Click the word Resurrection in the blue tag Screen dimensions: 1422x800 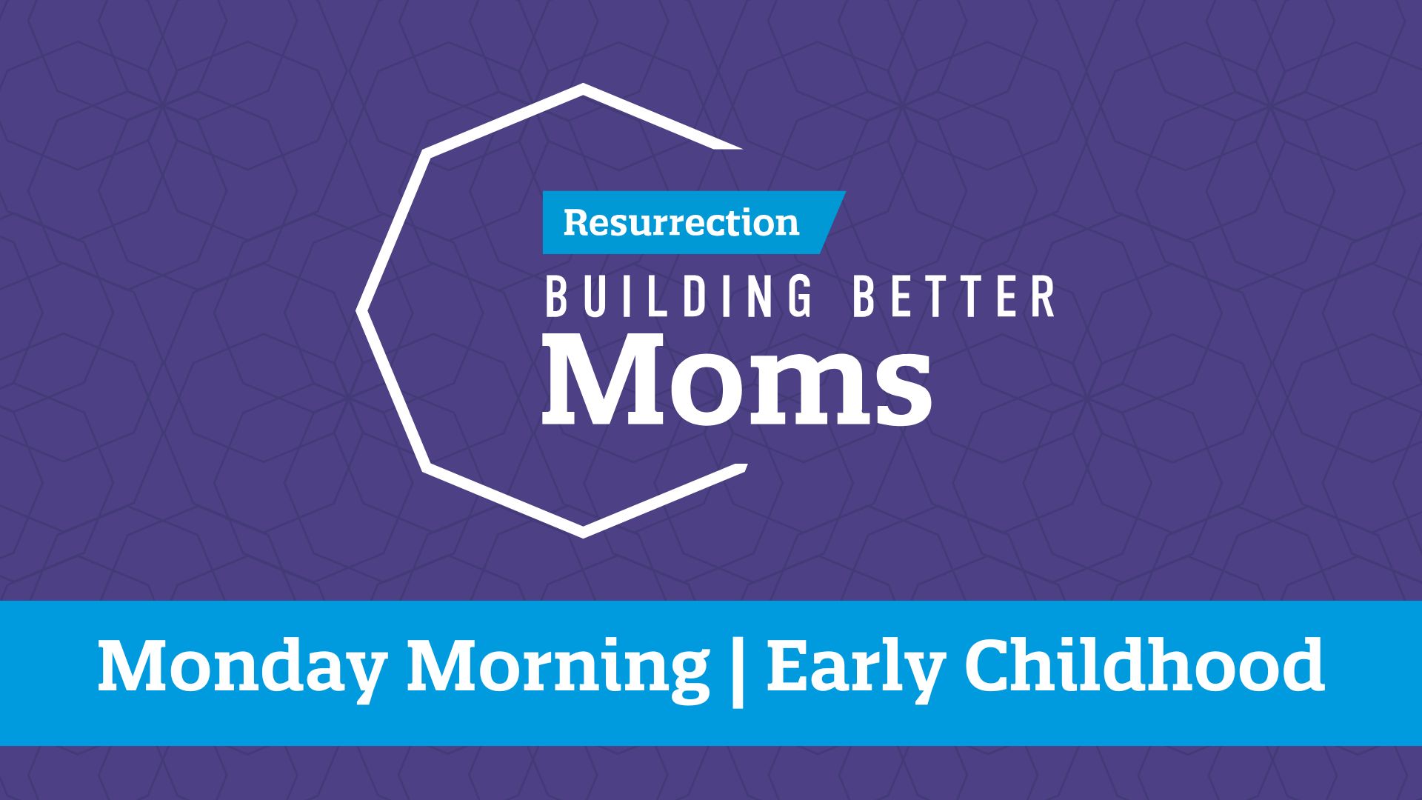[681, 222]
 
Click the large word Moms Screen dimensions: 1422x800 [737, 378]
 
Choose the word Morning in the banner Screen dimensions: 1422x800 [558, 667]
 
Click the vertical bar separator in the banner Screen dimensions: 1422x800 [737, 669]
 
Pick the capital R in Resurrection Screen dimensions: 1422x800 [576, 222]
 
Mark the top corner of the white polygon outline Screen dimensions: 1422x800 [584, 86]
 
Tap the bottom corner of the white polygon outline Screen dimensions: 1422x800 [583, 535]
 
